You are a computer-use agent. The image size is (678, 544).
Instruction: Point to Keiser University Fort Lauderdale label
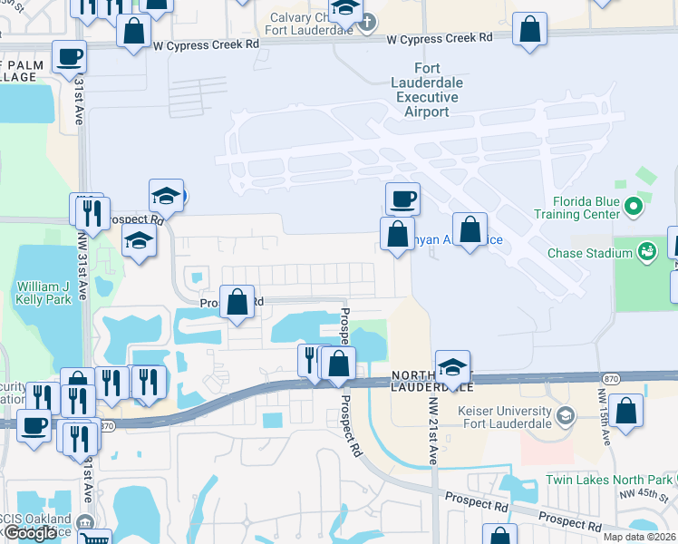[506, 416]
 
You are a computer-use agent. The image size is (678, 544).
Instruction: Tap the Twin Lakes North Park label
[610, 480]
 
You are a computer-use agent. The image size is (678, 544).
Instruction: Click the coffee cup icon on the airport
[402, 197]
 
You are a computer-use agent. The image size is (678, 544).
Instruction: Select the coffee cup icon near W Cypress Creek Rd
[70, 56]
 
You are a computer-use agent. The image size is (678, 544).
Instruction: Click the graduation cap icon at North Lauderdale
[452, 366]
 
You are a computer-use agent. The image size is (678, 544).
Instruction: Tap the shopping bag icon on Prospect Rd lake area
[237, 301]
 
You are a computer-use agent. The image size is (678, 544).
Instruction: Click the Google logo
[31, 533]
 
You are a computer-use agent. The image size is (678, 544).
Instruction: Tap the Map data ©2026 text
[640, 537]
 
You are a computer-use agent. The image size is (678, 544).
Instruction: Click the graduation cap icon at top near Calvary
[344, 9]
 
